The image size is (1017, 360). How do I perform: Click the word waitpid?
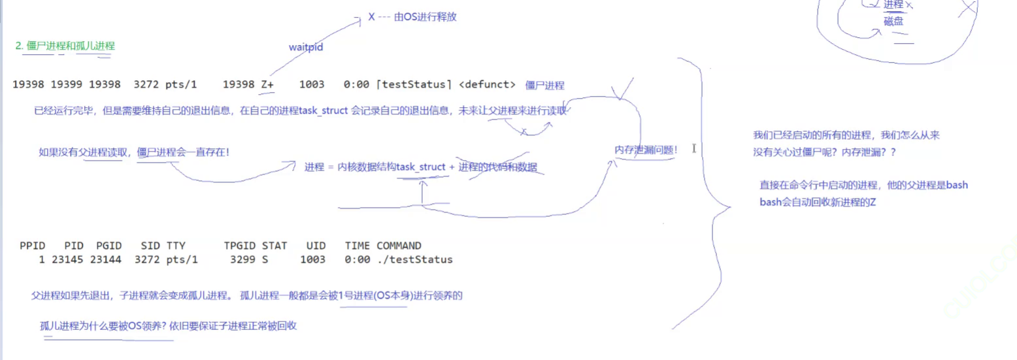coord(306,48)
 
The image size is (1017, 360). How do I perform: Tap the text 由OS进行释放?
coord(425,17)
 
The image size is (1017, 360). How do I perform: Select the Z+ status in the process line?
coord(267,85)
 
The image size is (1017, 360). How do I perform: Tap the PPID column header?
coord(33,246)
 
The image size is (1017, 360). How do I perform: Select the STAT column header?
coord(275,246)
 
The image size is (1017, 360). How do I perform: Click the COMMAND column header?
coord(399,246)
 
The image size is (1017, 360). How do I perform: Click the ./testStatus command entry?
coord(414,260)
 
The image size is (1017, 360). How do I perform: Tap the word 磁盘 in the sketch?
coord(893,22)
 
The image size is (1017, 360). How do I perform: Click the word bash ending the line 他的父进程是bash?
coord(957,186)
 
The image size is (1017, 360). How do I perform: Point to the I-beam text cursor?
coord(693,149)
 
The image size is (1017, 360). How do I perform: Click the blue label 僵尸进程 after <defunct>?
coord(544,86)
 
